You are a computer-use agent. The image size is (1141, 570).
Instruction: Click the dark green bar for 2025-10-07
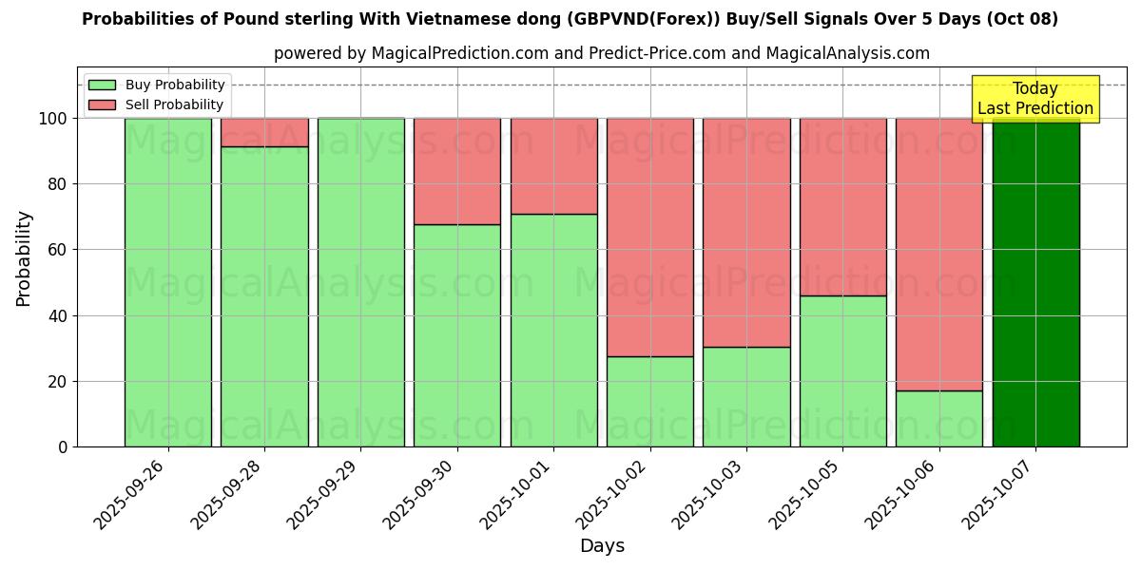[x=1035, y=285]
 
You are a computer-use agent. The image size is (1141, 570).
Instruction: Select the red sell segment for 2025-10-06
[x=939, y=254]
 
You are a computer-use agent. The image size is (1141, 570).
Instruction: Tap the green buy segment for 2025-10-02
[x=650, y=401]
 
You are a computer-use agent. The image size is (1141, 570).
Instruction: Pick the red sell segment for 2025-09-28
[x=264, y=132]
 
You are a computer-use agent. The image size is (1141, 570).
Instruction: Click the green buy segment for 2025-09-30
[x=457, y=335]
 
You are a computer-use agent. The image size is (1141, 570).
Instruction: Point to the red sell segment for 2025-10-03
[x=746, y=232]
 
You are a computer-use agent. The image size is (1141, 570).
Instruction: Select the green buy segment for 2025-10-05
[x=843, y=370]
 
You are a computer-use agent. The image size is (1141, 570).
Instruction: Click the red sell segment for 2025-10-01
[x=554, y=165]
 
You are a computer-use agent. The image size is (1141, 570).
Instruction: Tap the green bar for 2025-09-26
[x=168, y=282]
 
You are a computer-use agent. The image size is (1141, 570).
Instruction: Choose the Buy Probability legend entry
[x=157, y=85]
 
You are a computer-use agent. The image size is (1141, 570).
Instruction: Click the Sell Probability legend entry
[x=157, y=105]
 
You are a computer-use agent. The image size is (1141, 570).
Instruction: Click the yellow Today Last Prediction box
[x=1035, y=99]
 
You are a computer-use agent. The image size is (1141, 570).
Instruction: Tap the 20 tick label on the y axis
[x=59, y=382]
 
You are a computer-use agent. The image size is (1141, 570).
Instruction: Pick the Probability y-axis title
[x=24, y=258]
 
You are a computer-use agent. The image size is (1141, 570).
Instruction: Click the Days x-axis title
[x=602, y=546]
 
